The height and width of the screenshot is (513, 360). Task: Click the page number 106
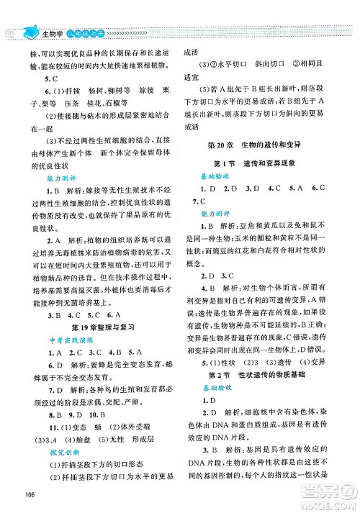click(30, 492)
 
